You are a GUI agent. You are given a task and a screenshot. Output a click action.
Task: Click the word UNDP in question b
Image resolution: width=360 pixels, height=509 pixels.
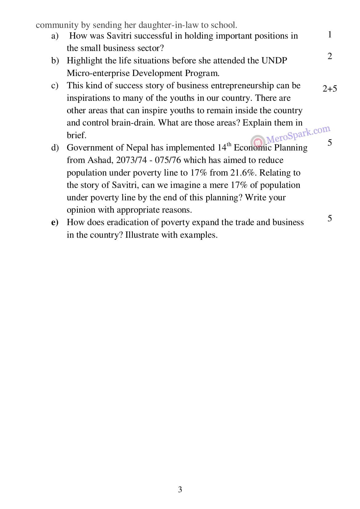tap(274, 61)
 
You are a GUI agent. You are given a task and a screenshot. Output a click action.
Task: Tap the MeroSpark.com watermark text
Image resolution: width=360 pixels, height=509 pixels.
tap(298, 134)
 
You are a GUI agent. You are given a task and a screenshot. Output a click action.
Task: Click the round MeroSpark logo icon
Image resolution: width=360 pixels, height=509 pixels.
tap(258, 142)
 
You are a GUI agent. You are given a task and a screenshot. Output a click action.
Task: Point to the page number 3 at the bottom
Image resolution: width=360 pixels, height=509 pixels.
tap(180, 489)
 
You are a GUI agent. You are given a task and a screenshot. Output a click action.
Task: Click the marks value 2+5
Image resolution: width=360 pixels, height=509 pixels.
tap(330, 89)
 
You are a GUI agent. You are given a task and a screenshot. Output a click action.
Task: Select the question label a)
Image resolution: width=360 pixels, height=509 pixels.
tap(55, 36)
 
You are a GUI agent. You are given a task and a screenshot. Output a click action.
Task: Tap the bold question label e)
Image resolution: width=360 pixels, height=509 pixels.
tap(55, 222)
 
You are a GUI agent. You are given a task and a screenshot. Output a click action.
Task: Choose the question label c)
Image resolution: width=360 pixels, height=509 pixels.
tap(55, 86)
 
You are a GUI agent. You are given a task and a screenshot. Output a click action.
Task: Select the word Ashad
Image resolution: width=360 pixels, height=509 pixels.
tap(100, 160)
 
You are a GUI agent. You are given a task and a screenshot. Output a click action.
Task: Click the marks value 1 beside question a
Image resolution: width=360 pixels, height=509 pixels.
tap(330, 34)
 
